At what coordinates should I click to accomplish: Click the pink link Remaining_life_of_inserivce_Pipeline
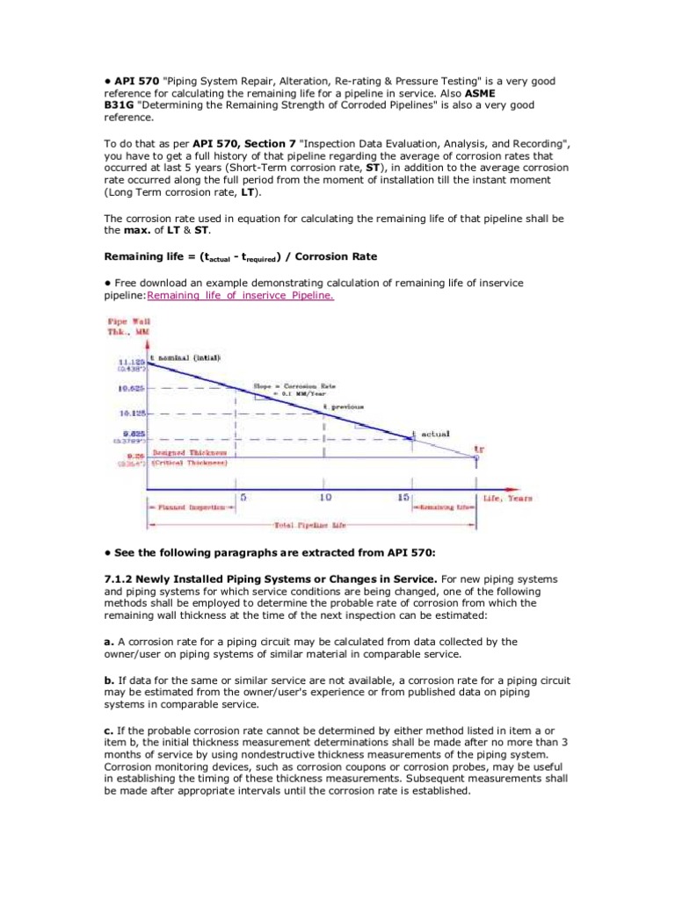point(241,296)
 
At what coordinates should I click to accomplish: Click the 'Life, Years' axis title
point(507,498)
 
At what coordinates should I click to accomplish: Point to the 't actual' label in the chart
point(433,433)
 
